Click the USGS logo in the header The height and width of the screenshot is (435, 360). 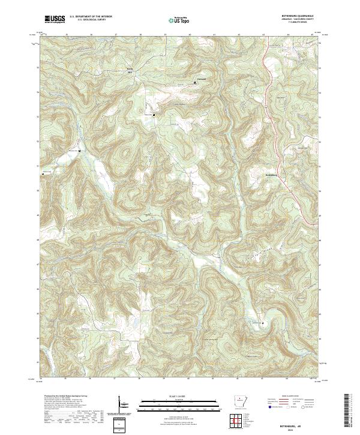click(55, 19)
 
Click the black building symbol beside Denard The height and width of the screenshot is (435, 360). click(194, 83)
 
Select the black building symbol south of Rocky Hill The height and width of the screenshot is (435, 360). click(154, 115)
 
